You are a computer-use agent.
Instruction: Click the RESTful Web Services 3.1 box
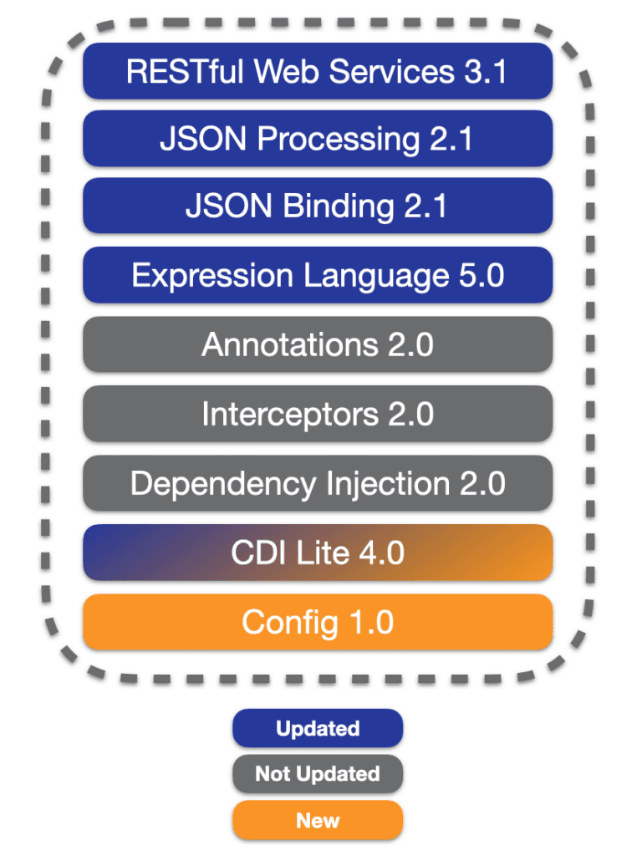(x=318, y=71)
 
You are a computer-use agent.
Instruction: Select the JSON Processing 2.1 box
(x=318, y=139)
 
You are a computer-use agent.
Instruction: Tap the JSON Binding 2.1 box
(x=318, y=206)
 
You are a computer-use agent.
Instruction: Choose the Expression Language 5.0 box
(x=318, y=275)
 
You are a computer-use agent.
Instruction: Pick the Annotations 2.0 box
(x=318, y=344)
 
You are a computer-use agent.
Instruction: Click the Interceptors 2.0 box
(x=318, y=414)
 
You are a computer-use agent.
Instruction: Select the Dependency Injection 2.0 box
(x=318, y=483)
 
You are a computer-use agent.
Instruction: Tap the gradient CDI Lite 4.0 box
(x=318, y=553)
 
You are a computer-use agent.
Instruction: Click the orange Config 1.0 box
(x=318, y=622)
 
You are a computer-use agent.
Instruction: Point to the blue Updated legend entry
(x=318, y=728)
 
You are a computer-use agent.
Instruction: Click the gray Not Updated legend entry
(x=318, y=774)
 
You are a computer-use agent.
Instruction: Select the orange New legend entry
(x=318, y=820)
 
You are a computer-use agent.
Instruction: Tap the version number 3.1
(x=486, y=72)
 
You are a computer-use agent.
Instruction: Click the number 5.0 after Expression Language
(x=481, y=275)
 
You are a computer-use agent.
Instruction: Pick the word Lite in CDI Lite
(x=323, y=553)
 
